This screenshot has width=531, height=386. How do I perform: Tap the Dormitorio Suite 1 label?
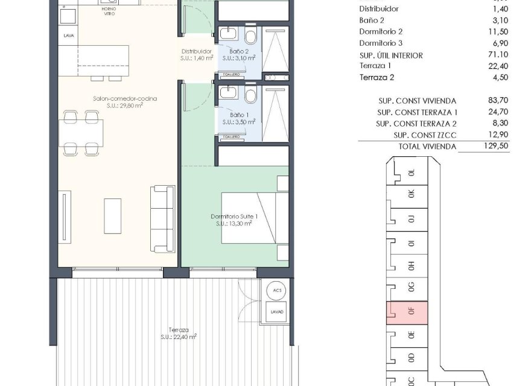click(234, 217)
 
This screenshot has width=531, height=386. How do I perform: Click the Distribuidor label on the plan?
click(196, 52)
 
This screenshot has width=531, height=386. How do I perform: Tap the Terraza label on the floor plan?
click(179, 330)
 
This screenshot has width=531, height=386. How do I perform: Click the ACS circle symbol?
click(277, 290)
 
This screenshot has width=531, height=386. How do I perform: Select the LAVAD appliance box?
click(277, 312)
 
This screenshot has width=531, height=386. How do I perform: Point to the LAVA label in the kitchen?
click(69, 36)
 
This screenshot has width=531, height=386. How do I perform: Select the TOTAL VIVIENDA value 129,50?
click(495, 147)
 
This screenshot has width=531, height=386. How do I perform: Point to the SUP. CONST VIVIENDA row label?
click(416, 101)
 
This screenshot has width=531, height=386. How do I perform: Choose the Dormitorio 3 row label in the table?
click(381, 43)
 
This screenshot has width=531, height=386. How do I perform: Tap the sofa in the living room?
click(161, 218)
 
